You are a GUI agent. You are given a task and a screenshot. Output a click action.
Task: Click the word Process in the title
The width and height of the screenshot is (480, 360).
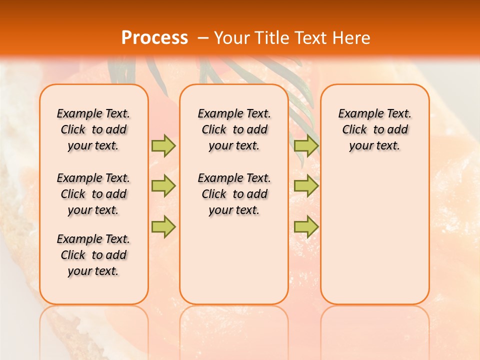pyautogui.click(x=154, y=38)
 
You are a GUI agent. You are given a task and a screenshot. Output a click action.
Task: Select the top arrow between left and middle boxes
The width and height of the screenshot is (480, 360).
pyautogui.click(x=163, y=145)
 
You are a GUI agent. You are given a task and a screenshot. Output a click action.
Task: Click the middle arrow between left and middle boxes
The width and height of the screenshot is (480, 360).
pyautogui.click(x=163, y=186)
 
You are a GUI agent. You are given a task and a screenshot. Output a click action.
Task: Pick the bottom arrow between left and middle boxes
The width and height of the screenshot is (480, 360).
pyautogui.click(x=163, y=226)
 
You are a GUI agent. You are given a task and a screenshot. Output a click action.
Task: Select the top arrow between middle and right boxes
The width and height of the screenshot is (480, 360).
pyautogui.click(x=306, y=145)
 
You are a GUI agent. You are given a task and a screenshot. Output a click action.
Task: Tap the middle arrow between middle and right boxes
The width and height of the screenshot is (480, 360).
pyautogui.click(x=306, y=186)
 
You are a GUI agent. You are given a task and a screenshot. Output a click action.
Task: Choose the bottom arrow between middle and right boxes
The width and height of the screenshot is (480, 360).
pyautogui.click(x=306, y=226)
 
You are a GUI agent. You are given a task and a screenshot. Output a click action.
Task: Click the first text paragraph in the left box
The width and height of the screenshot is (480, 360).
pyautogui.click(x=93, y=129)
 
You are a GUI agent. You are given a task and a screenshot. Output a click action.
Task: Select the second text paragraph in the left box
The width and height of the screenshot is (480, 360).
pyautogui.click(x=93, y=194)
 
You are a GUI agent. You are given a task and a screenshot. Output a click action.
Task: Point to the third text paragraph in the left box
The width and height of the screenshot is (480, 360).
pyautogui.click(x=93, y=255)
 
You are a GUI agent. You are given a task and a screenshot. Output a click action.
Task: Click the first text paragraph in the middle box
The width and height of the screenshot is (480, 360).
pyautogui.click(x=234, y=129)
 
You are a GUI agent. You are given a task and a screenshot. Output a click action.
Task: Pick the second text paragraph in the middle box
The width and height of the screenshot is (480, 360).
pyautogui.click(x=234, y=194)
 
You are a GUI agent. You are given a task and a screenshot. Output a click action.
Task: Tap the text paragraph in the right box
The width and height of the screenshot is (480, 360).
pyautogui.click(x=375, y=129)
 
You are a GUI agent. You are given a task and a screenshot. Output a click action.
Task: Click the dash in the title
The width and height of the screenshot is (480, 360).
pyautogui.click(x=203, y=38)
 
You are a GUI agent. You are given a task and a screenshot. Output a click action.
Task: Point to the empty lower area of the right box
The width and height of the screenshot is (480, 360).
pyautogui.click(x=375, y=235)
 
